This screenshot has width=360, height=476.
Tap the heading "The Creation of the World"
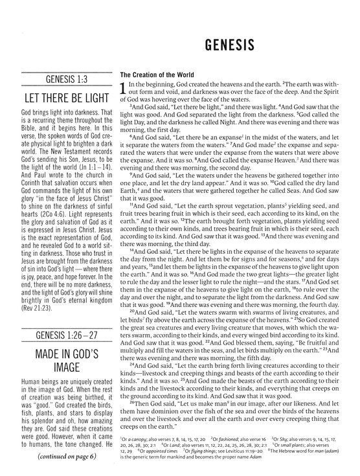tap(153, 74)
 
